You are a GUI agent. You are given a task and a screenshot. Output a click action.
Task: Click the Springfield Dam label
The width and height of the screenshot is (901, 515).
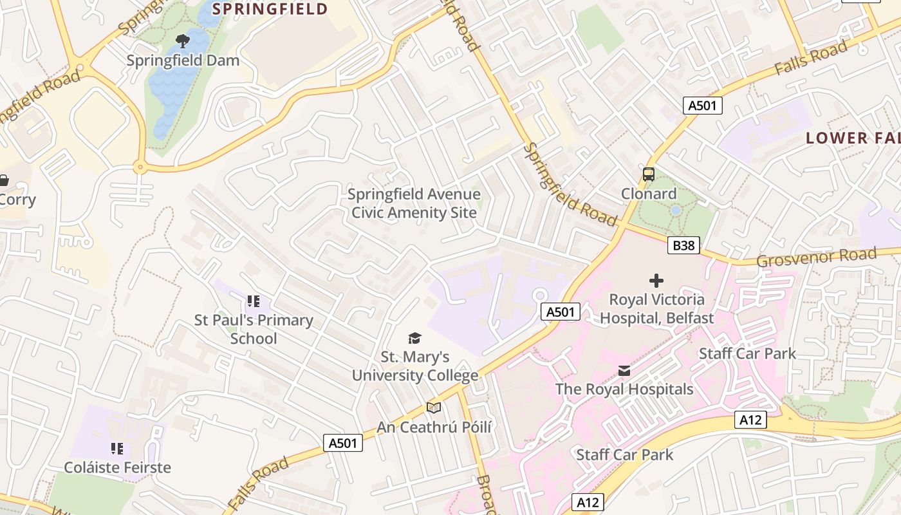(x=183, y=61)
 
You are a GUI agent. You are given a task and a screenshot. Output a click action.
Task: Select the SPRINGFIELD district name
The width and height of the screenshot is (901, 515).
(x=270, y=9)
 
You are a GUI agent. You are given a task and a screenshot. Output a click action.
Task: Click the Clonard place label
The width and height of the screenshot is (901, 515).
(x=648, y=194)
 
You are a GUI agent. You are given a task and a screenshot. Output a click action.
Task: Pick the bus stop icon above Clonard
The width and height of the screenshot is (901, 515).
(x=648, y=174)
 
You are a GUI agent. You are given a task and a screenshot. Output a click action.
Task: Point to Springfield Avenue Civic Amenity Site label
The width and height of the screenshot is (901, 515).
(x=414, y=203)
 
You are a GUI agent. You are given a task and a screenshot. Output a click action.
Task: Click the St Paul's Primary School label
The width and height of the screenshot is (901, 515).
(x=254, y=329)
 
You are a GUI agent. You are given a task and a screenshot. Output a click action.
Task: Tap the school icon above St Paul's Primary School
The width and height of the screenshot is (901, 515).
(x=253, y=301)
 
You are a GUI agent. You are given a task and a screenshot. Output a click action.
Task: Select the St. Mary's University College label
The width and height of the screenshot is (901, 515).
(x=414, y=366)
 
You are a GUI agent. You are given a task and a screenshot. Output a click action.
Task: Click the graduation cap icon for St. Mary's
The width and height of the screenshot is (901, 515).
(x=414, y=338)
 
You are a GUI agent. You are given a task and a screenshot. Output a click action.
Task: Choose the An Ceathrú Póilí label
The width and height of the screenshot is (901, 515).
(x=434, y=427)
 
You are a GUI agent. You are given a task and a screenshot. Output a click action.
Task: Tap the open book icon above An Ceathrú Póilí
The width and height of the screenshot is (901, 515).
(x=434, y=407)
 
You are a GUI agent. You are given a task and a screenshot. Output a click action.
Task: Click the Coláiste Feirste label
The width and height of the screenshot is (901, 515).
(x=117, y=467)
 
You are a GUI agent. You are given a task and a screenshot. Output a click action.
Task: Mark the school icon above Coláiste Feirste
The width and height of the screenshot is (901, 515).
(x=116, y=448)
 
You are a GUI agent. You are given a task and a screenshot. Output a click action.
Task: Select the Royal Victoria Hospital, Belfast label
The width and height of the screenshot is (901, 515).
(x=656, y=308)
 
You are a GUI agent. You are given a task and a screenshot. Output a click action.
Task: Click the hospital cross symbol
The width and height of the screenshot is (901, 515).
(x=656, y=281)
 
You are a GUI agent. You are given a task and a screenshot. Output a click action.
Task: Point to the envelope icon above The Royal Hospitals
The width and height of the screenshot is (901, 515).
(x=624, y=370)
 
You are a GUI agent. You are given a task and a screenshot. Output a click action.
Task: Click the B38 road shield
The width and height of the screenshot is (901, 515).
(x=683, y=245)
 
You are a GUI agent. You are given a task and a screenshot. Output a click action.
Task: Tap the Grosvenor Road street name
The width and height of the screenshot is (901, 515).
(x=816, y=257)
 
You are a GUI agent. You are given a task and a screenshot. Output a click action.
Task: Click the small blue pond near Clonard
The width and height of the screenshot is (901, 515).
(x=675, y=211)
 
